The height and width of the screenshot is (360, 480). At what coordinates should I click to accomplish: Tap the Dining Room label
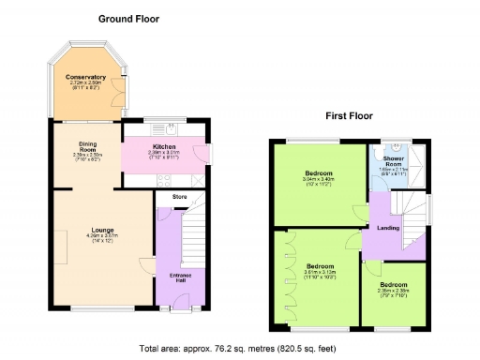[x=88, y=147]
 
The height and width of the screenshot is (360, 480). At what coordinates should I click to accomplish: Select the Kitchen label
[x=165, y=146]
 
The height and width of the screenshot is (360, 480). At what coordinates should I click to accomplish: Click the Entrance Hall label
[x=180, y=277]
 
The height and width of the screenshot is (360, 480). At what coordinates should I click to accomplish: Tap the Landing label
[x=388, y=228]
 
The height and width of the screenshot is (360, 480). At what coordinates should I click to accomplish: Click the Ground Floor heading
[x=129, y=19]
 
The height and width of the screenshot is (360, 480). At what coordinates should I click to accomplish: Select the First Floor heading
[x=348, y=117]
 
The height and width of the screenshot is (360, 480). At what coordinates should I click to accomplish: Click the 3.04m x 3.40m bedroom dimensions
[x=318, y=179]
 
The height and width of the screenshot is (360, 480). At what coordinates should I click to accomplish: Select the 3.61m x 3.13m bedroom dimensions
[x=319, y=272]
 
